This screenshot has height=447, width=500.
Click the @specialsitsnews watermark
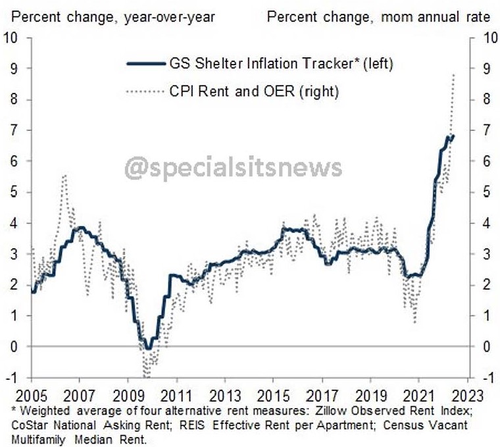tap(234, 168)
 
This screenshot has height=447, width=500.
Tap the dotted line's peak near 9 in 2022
tap(453, 75)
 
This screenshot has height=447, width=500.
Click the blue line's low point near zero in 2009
tap(149, 347)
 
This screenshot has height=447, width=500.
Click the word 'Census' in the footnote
tap(386, 425)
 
